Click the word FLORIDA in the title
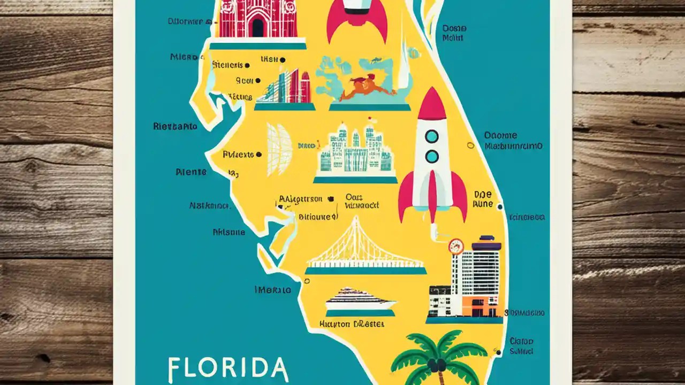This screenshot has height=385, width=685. coord(228,368)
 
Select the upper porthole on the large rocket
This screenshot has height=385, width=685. coord(431,136)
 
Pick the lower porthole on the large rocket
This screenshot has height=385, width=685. coord(431,156)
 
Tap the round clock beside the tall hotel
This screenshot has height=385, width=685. coord(456,246)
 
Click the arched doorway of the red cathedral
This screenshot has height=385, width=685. coord(258,27)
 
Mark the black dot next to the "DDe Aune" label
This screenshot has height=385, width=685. coord(499,206)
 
